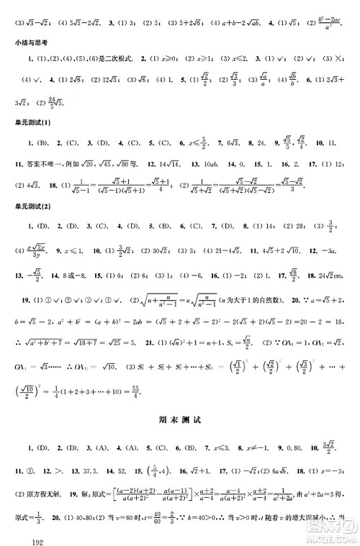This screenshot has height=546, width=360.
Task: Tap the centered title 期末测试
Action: [179, 417]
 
